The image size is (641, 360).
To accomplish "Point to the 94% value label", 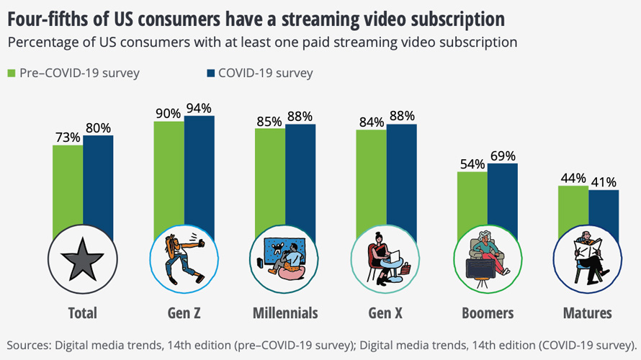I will point(198,109).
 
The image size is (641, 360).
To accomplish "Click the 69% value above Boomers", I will point(503,156).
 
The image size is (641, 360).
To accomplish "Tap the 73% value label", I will point(67,138).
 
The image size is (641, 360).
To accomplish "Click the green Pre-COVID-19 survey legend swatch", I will point(12,73).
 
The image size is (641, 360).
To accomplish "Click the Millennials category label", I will point(285,313).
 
